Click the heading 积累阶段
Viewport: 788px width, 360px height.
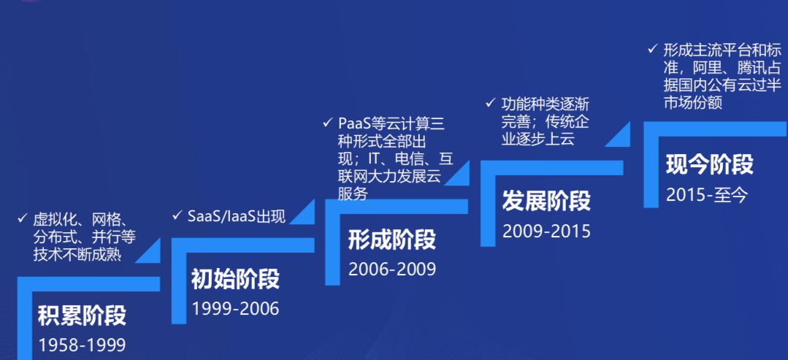coord(82,315)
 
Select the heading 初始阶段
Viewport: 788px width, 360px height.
coord(235,278)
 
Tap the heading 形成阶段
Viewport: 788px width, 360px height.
coord(391,239)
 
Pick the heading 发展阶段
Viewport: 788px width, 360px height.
coord(546,200)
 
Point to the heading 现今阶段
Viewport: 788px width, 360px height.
coord(709,164)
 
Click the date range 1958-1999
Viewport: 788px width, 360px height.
coord(82,345)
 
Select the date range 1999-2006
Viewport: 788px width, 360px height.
coord(235,309)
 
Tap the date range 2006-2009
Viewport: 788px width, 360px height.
coord(391,269)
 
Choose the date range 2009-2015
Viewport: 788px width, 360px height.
coord(546,231)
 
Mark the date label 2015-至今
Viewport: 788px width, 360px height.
coord(707,194)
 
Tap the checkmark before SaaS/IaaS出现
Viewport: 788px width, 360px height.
coord(176,215)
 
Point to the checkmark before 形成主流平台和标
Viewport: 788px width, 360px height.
coord(651,50)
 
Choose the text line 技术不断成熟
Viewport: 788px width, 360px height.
coord(77,254)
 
